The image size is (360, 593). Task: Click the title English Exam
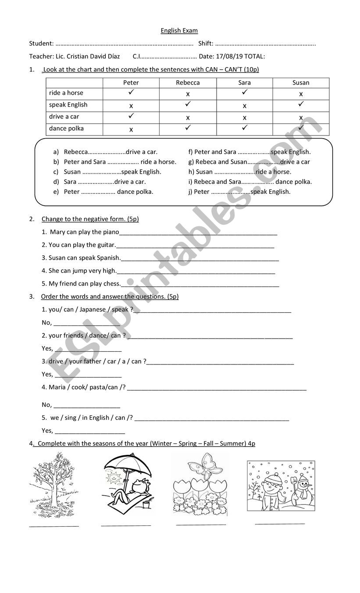[179, 31]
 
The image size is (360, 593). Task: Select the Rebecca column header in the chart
[188, 82]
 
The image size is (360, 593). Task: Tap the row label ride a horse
[66, 93]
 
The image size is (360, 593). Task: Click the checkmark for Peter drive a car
[131, 116]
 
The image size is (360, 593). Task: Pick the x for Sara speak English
[244, 106]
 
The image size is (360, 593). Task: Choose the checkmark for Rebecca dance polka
[188, 128]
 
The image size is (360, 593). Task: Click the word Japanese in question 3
[93, 309]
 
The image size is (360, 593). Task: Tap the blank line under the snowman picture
[280, 523]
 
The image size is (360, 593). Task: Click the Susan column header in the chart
[301, 82]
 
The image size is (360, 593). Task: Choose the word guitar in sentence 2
[106, 245]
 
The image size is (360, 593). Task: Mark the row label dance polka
[66, 129]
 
